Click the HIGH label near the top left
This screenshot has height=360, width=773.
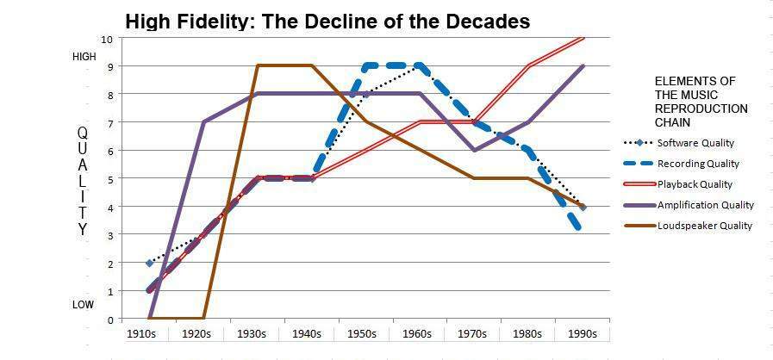(84, 57)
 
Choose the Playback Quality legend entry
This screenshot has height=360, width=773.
(695, 184)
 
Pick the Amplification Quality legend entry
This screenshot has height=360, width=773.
(705, 205)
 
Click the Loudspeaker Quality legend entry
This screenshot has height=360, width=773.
(704, 226)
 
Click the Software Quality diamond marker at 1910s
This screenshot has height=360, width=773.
(149, 263)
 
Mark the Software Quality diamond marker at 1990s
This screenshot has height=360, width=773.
(584, 207)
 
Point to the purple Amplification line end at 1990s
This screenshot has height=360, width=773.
(584, 66)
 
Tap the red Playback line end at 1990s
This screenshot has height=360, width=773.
(584, 38)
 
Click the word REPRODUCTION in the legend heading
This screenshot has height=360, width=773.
(701, 109)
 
